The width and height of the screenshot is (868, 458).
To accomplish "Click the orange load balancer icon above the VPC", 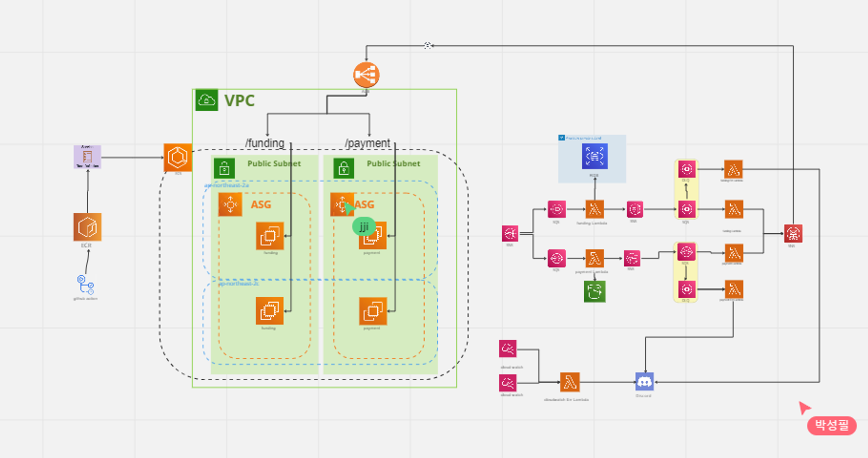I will pos(366,75).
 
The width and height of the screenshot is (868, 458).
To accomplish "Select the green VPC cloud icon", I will pos(207,100).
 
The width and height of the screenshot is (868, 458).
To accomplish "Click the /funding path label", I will pos(265,143).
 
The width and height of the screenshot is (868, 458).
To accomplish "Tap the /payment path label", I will pos(367,143).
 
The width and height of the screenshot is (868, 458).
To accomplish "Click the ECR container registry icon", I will pos(87,227).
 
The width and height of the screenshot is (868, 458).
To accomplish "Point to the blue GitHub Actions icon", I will pos(85,284).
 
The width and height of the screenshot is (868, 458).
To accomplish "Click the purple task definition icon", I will pos(87,157).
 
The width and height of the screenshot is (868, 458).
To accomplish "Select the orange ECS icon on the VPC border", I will pos(177,157).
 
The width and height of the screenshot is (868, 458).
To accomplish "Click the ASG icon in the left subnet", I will pos(230,205).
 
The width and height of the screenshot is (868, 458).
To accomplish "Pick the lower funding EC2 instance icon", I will pos(269,311).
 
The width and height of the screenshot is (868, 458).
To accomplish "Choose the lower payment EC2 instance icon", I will pos(372,311).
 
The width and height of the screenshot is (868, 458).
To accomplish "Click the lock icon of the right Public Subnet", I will pos(343,168).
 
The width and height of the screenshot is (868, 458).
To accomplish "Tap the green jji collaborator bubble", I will pos(364,227).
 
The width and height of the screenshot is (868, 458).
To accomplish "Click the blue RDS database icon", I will pos(594,156).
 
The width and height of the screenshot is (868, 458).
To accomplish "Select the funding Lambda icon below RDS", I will pos(594,209).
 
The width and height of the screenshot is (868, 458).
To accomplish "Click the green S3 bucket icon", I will pos(594,291).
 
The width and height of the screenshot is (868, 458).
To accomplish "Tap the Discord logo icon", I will pos(644,382).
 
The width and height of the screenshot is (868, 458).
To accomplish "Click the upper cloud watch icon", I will pos(507,349).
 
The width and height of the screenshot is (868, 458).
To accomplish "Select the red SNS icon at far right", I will pos(793,234).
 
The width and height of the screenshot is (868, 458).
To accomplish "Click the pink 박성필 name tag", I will pos(831,425).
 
